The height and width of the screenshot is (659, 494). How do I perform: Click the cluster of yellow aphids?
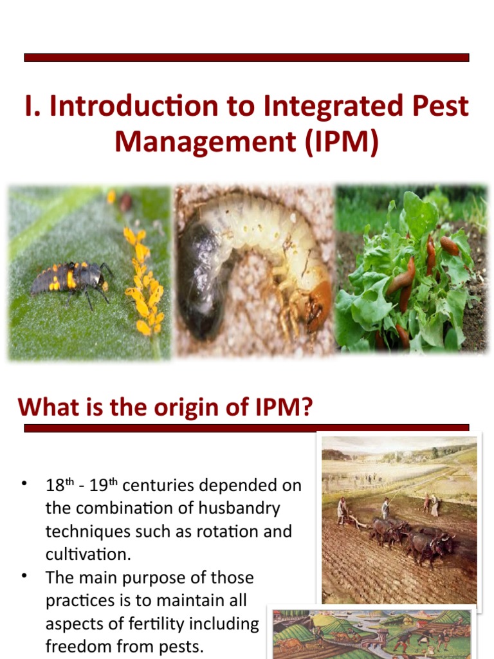pos(143,283)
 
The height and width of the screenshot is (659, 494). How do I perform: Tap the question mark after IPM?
pos(305,407)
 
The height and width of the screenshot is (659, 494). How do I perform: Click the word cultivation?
pos(85,555)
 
